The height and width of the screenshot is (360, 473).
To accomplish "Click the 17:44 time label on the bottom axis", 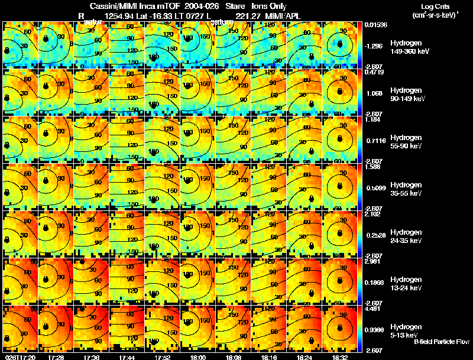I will click(x=127, y=357).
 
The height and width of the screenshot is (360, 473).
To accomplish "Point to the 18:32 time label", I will click(x=340, y=357).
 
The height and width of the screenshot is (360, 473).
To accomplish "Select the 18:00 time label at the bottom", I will click(x=198, y=357).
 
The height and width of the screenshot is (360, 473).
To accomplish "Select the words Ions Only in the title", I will click(x=269, y=6).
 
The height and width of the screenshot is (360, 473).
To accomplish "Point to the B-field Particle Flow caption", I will click(x=442, y=342).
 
